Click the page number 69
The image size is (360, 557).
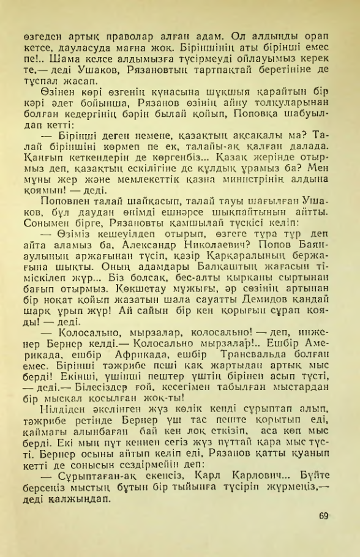click(x=324, y=515)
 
